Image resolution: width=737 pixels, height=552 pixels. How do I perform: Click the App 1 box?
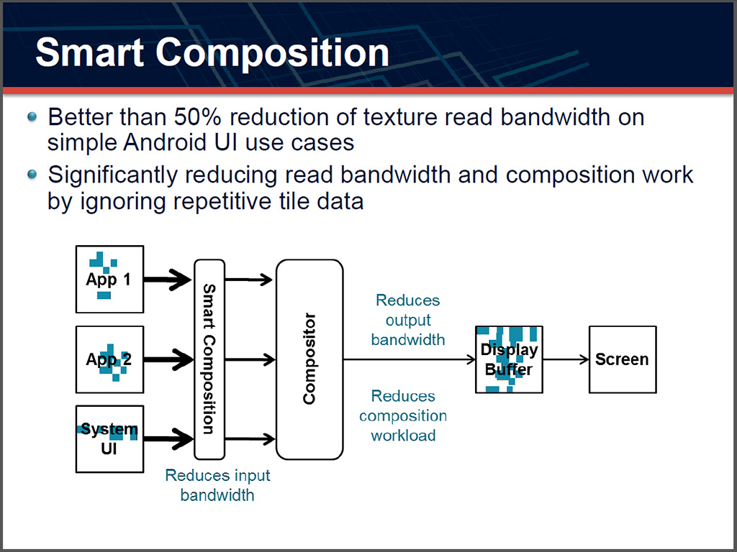click(x=109, y=279)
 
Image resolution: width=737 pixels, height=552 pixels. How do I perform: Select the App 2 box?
click(x=109, y=359)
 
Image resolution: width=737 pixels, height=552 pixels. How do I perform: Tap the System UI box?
click(x=109, y=438)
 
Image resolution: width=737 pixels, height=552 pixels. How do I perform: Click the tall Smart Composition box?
click(x=209, y=359)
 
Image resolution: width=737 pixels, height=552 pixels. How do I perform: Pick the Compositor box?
click(x=309, y=359)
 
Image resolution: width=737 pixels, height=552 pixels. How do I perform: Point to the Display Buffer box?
click(x=509, y=359)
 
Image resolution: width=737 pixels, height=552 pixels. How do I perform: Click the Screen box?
click(x=623, y=359)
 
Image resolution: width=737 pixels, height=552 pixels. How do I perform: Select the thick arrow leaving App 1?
click(x=169, y=279)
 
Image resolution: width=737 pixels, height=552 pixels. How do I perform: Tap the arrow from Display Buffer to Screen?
click(x=566, y=359)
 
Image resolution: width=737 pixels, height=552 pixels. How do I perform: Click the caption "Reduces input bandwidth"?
click(x=217, y=485)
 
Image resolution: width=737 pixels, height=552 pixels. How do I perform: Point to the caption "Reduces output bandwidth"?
click(x=408, y=319)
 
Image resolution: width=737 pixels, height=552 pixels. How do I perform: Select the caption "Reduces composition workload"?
click(x=403, y=415)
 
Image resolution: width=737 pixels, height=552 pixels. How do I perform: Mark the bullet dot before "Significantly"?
click(x=32, y=175)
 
